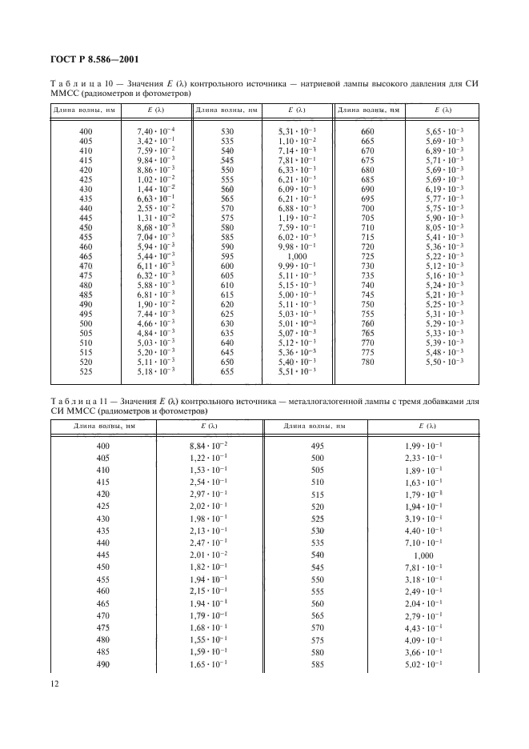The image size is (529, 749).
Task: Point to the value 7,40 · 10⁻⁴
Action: pos(157,130)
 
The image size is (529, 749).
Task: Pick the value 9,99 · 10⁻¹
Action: pos(299,266)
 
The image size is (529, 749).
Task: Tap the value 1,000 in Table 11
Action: pos(426,555)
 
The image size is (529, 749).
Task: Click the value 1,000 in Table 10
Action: pos(299,256)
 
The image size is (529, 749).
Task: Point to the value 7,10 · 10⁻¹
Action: pos(426,541)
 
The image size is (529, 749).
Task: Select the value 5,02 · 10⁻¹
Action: pos(426,664)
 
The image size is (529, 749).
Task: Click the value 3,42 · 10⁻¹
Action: pos(157,140)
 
